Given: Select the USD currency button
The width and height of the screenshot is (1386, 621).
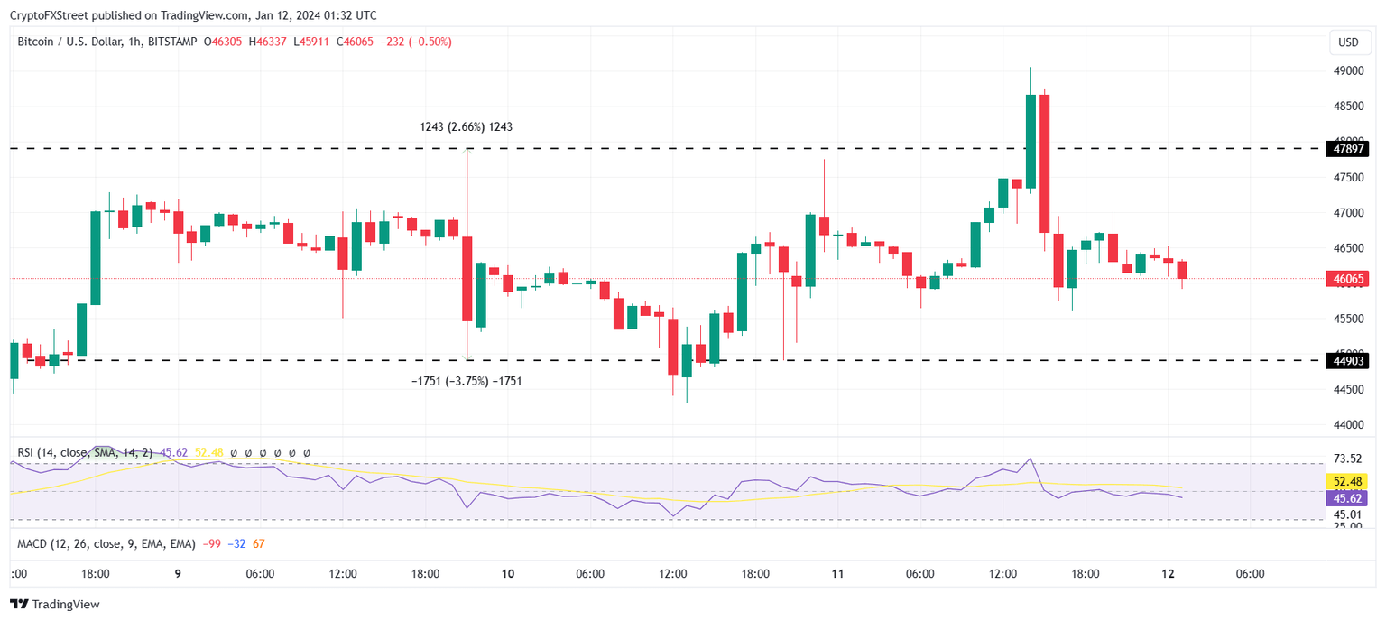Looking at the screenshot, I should coord(1348,42).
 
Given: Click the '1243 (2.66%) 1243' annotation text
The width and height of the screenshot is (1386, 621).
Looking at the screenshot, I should coord(466,127).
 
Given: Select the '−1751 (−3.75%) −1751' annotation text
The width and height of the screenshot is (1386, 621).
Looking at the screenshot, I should coord(466,382).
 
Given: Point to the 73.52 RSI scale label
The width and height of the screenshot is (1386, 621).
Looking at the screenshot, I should coord(1348,458).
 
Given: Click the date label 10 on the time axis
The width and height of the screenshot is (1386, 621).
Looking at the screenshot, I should coord(508,574).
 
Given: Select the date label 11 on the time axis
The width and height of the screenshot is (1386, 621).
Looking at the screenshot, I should coord(837,574).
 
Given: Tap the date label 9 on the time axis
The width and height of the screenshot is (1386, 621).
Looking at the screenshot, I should coord(178,574).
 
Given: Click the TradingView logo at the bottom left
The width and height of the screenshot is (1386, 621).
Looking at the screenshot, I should coord(56,605).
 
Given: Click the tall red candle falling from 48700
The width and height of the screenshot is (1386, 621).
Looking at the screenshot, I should coord(1044,162).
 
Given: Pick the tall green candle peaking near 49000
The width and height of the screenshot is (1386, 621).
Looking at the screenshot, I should coord(1030,140).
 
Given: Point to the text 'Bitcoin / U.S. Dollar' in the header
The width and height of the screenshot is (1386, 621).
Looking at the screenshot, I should coord(69,42).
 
